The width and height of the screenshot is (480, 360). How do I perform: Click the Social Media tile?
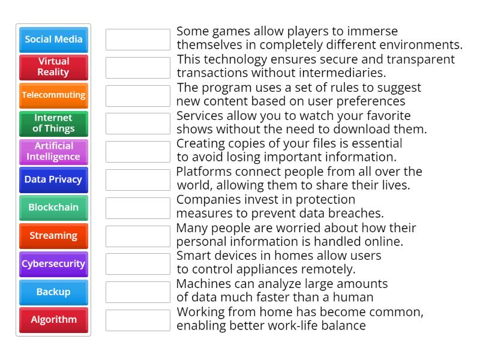[53, 40]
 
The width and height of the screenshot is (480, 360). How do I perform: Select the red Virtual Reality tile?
[53, 67]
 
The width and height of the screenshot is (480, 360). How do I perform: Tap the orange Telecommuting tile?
[53, 95]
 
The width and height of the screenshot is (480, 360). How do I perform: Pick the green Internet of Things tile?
[53, 124]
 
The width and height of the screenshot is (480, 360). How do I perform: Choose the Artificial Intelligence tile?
[53, 152]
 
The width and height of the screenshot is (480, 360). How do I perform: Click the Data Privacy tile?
[53, 179]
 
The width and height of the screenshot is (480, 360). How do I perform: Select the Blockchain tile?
[53, 208]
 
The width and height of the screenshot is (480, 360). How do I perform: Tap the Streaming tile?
[53, 236]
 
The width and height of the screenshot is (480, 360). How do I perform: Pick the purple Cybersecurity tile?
[53, 264]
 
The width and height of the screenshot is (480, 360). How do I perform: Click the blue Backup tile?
[53, 292]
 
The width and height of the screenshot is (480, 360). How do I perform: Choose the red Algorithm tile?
[53, 320]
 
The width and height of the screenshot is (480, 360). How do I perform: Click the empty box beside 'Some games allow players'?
[138, 40]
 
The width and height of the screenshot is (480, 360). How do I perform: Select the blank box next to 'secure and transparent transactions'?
[138, 68]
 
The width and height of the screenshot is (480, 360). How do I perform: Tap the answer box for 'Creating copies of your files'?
[138, 152]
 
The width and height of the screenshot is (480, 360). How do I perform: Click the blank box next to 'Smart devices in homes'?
[138, 264]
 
